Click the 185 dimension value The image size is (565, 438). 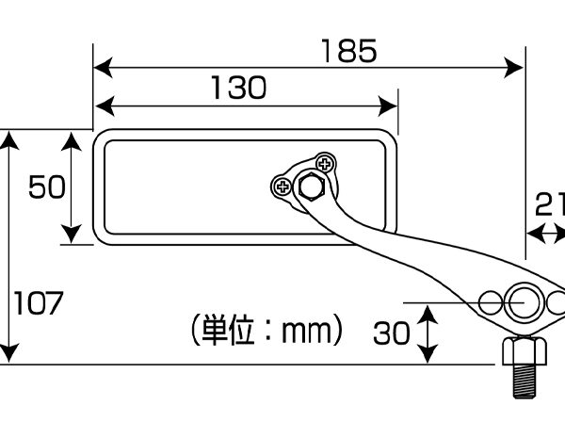[347, 49]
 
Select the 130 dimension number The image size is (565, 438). [236, 88]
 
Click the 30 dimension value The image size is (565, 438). [391, 333]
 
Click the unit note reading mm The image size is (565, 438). [265, 332]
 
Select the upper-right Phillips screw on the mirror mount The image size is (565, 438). [326, 164]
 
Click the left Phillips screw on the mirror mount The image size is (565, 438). [281, 187]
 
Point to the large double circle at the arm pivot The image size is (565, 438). [523, 303]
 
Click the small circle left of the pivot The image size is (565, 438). [491, 303]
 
